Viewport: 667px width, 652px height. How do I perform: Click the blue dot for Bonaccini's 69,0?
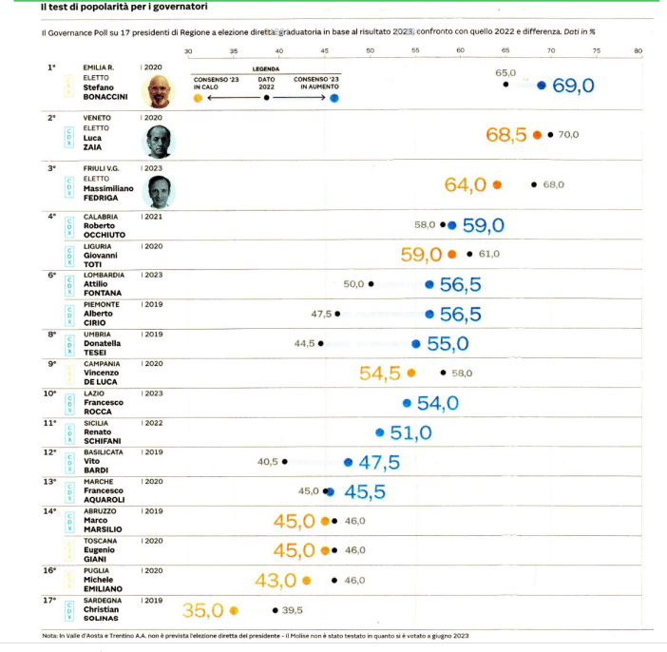pyautogui.click(x=542, y=86)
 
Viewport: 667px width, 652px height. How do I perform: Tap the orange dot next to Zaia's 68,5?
pyautogui.click(x=538, y=135)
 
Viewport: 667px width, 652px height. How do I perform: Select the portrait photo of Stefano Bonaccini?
pyautogui.click(x=158, y=91)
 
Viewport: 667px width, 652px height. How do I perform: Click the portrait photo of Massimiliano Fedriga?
pyautogui.click(x=158, y=191)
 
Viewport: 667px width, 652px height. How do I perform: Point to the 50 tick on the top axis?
pyautogui.click(x=369, y=50)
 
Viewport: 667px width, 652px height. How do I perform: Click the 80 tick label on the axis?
pyautogui.click(x=638, y=50)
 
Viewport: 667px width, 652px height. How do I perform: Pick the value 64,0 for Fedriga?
pyautogui.click(x=466, y=184)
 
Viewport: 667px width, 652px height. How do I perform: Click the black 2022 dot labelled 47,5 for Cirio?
pyautogui.click(x=336, y=314)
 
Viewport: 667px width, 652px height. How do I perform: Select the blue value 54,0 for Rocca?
pyautogui.click(x=437, y=404)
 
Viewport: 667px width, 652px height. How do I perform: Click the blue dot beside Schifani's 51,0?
pyautogui.click(x=379, y=433)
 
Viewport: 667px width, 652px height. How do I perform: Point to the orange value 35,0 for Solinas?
pyautogui.click(x=202, y=610)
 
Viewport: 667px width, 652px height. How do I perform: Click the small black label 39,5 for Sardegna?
pyautogui.click(x=292, y=610)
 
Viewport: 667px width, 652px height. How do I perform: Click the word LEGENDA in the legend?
pyautogui.click(x=265, y=69)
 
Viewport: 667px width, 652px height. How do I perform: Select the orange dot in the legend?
pyautogui.click(x=197, y=97)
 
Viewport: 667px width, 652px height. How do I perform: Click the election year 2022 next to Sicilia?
pyautogui.click(x=153, y=423)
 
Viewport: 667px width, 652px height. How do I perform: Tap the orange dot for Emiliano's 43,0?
pyautogui.click(x=306, y=580)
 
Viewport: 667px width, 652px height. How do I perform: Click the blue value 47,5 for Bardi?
pyautogui.click(x=378, y=463)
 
